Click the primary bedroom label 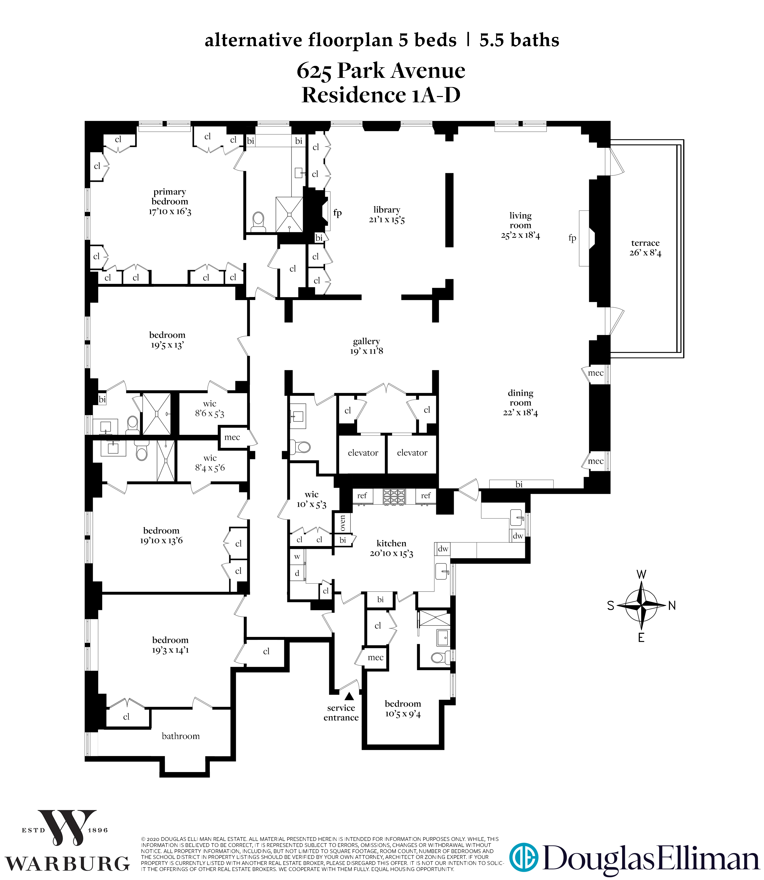(x=170, y=197)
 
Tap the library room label (x=387, y=210)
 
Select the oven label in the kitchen (x=343, y=523)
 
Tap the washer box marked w (x=297, y=557)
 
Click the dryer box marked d (x=297, y=573)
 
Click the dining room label (x=520, y=398)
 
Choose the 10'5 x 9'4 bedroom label (x=403, y=709)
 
